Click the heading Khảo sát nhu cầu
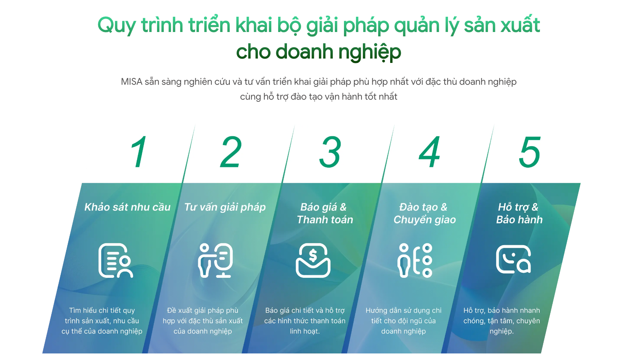pyautogui.click(x=127, y=207)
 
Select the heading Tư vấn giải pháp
pyautogui.click(x=225, y=207)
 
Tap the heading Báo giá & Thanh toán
pyautogui.click(x=325, y=213)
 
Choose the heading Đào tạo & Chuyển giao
pyautogui.click(x=424, y=213)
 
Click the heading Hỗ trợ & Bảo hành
pyautogui.click(x=519, y=213)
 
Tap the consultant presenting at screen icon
pyautogui.click(x=215, y=260)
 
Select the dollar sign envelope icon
pyautogui.click(x=313, y=260)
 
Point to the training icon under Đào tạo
pyautogui.click(x=415, y=260)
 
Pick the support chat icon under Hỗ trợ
pyautogui.click(x=513, y=259)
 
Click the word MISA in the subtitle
pyautogui.click(x=131, y=81)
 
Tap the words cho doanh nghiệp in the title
pyautogui.click(x=319, y=52)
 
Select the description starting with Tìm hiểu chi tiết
pyautogui.click(x=102, y=321)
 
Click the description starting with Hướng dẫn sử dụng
pyautogui.click(x=403, y=321)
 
